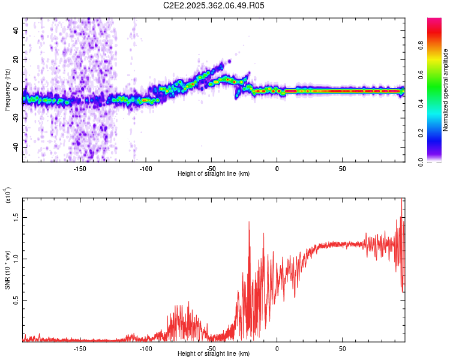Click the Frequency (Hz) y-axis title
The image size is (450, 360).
point(7,91)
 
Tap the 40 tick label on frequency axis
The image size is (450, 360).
point(16,30)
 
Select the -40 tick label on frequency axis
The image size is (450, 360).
point(15,147)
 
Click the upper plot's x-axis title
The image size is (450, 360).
point(214,173)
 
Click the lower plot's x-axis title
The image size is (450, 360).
point(214,353)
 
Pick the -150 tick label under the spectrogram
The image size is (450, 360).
point(80,168)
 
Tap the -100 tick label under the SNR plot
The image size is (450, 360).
point(146,348)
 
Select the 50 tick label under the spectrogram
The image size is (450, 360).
point(342,168)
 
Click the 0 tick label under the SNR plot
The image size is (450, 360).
point(277,348)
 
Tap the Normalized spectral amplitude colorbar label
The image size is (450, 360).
point(446,90)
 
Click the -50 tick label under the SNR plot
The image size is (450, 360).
point(211,348)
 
